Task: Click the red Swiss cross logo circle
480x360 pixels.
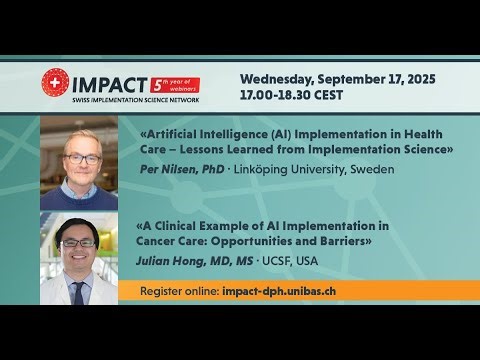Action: [55, 81]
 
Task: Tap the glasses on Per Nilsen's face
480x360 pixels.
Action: [85, 158]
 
